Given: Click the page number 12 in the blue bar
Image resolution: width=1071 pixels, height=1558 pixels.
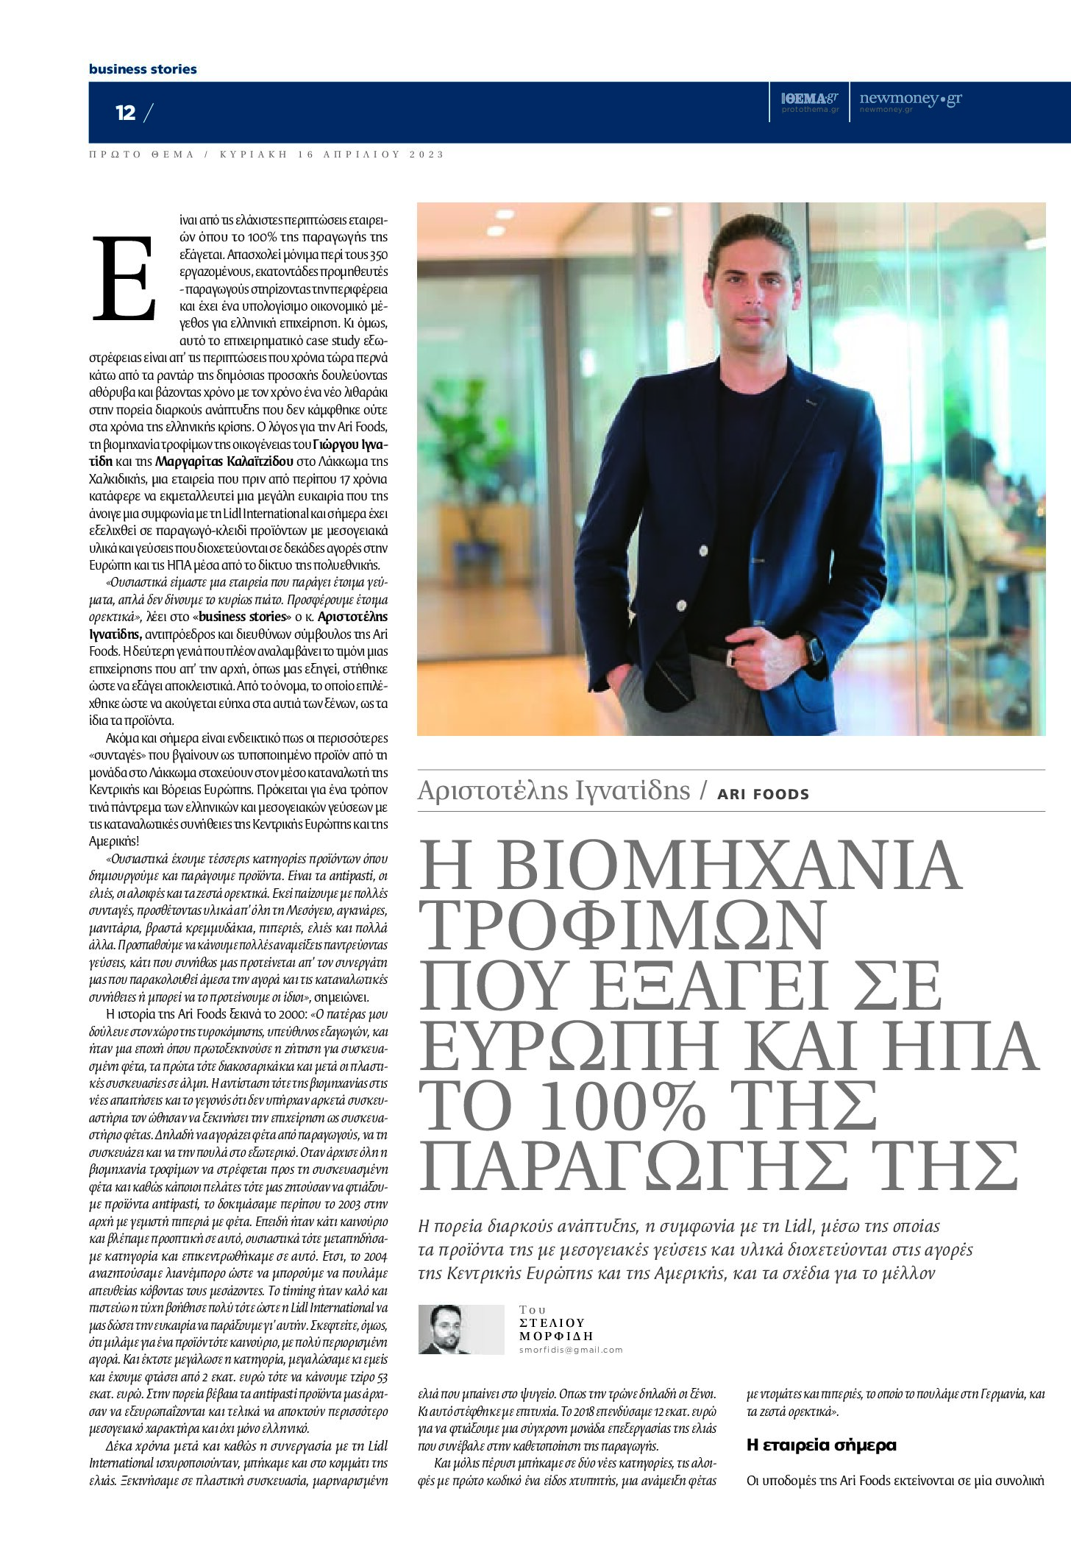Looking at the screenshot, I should tap(126, 113).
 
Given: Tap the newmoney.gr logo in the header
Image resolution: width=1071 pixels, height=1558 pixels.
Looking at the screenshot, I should tap(910, 99).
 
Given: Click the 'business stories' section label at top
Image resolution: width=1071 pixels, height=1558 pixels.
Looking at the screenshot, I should tap(143, 69).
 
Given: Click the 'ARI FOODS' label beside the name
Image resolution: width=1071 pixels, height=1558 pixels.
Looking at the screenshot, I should tap(764, 794).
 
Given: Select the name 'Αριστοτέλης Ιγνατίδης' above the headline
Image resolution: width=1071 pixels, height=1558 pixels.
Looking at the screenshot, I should tap(554, 790).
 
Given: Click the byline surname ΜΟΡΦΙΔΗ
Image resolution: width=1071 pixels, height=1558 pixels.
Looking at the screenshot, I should tap(556, 1336).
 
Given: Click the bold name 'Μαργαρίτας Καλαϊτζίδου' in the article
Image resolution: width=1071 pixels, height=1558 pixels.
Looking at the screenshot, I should tap(210, 461).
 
